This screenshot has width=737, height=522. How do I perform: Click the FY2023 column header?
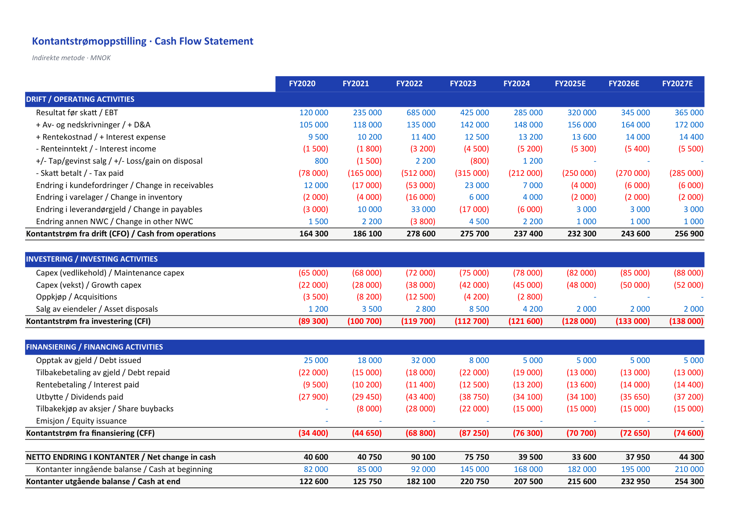(x=463, y=84)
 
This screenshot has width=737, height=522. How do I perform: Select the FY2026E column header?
(x=624, y=84)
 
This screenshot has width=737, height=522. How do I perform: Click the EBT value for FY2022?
(x=421, y=113)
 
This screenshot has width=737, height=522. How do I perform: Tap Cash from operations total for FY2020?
(x=314, y=234)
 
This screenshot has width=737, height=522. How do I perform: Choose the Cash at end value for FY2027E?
(x=689, y=482)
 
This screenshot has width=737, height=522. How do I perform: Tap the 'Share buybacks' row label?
(x=105, y=409)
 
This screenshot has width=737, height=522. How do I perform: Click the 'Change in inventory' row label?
(x=109, y=197)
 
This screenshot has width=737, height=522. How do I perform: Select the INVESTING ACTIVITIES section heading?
(x=92, y=259)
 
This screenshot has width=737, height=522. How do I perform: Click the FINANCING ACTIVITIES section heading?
(x=95, y=347)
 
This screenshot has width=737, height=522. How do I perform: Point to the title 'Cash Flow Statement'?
(x=204, y=41)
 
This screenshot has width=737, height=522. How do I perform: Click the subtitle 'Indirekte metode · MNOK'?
(x=71, y=58)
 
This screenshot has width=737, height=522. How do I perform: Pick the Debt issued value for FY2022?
(x=423, y=360)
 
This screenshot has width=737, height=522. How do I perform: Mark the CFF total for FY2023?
(x=472, y=433)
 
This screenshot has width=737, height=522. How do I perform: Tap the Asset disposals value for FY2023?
(x=479, y=309)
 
